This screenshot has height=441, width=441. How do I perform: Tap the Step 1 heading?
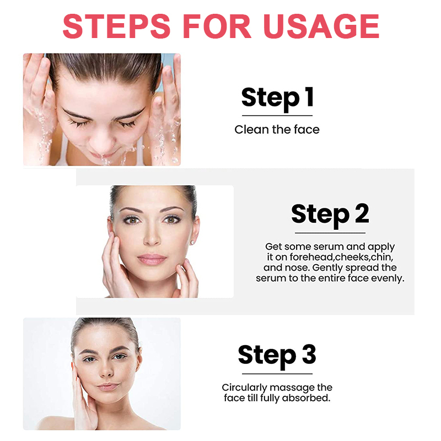[x=277, y=98]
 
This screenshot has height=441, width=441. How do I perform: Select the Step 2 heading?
[x=330, y=214]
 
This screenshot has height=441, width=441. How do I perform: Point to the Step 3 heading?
[x=277, y=355]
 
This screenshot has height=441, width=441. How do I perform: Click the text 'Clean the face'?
[x=277, y=130]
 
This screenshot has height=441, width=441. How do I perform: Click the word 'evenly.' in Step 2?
[x=389, y=278]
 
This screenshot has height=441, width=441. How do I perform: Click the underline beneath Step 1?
[x=277, y=116]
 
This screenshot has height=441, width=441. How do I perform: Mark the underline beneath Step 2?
[x=330, y=233]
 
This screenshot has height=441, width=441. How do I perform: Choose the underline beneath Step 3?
[x=277, y=373]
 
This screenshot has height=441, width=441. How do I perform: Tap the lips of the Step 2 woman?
[x=152, y=259]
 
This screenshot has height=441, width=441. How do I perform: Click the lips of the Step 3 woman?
[x=107, y=386]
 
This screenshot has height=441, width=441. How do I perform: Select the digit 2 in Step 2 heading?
[x=361, y=214]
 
